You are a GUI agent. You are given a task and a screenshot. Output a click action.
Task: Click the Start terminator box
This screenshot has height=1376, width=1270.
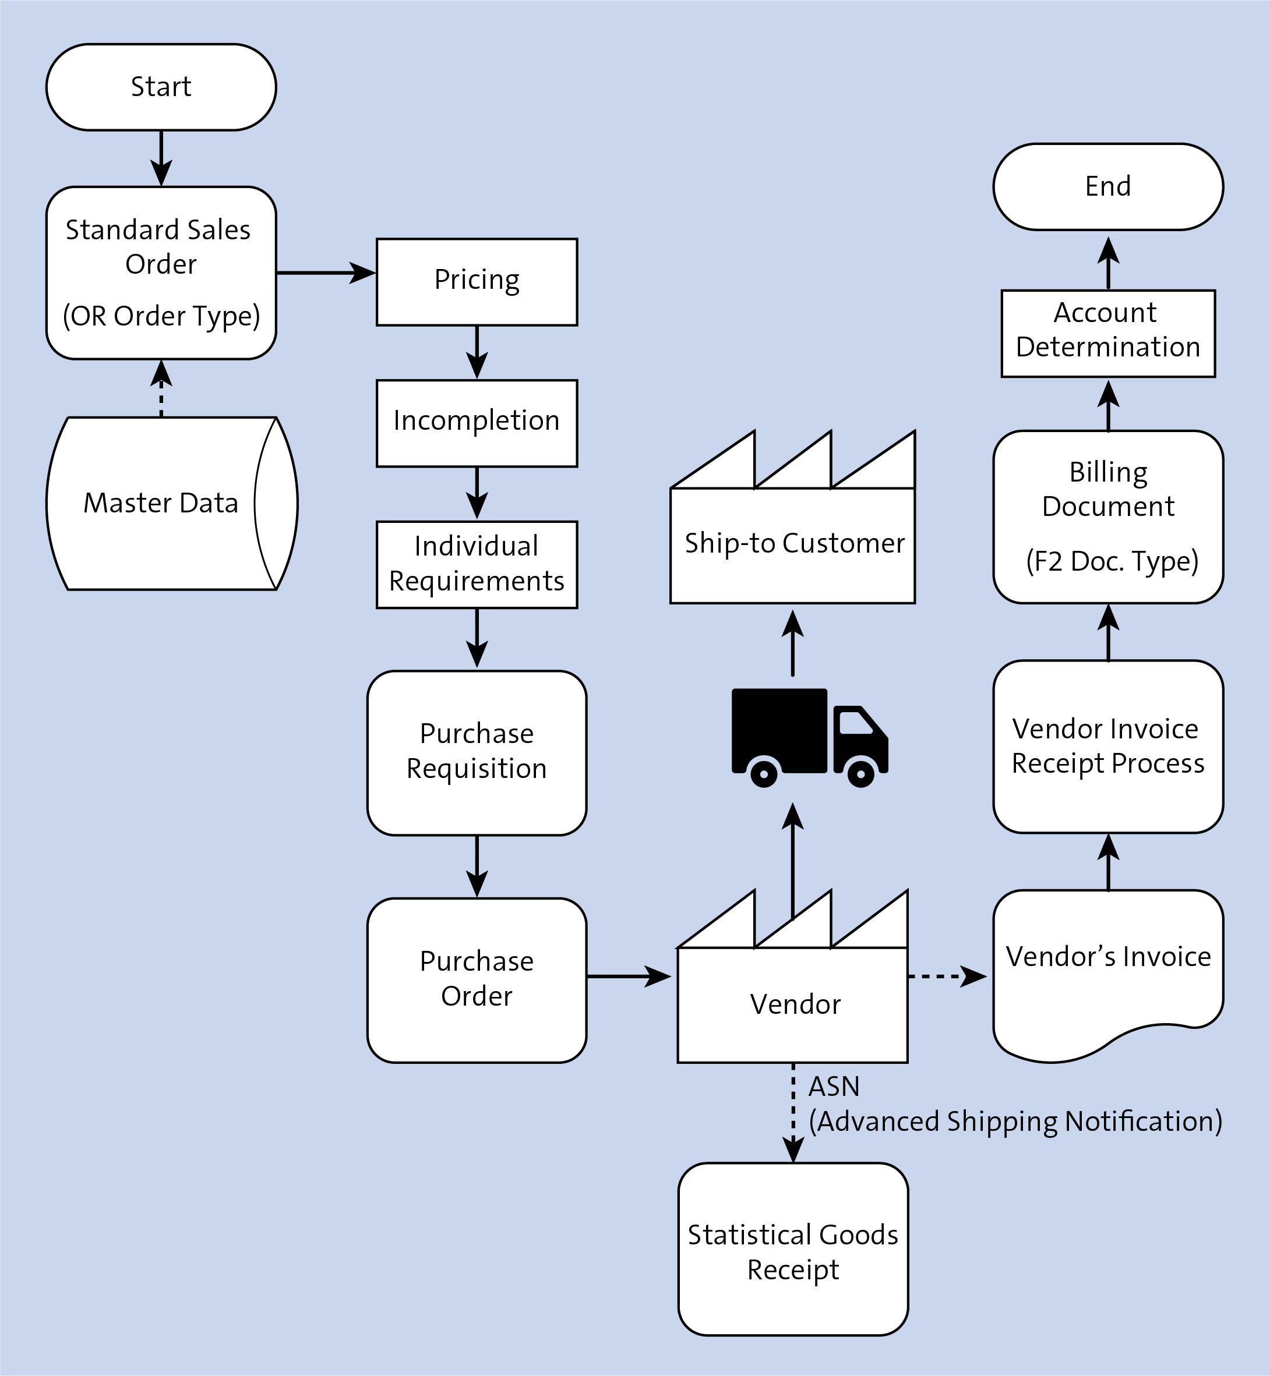coord(161,87)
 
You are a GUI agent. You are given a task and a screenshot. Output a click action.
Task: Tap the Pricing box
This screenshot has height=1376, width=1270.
coord(477,282)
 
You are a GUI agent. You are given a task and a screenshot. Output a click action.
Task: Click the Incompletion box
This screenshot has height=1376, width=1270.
coord(477,423)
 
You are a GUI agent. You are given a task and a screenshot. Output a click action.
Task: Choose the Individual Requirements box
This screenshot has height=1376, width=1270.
coord(477,564)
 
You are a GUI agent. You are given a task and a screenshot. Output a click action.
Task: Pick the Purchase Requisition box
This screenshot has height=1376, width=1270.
coord(477,752)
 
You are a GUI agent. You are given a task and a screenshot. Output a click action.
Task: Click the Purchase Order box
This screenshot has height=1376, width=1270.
coord(477,979)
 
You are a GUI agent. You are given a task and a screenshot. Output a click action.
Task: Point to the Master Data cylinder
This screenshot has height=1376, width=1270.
coord(161,503)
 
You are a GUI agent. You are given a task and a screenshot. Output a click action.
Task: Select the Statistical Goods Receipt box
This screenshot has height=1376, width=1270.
coord(792,1251)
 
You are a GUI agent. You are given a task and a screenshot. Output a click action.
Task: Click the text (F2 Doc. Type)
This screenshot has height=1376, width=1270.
coord(1112,561)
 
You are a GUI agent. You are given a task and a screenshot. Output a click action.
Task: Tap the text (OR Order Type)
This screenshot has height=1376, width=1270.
coord(161,316)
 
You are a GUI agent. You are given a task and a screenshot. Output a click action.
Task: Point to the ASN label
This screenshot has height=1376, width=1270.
coord(834,1086)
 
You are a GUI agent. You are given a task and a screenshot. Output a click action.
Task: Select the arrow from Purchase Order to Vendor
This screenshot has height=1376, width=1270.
coord(627,975)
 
